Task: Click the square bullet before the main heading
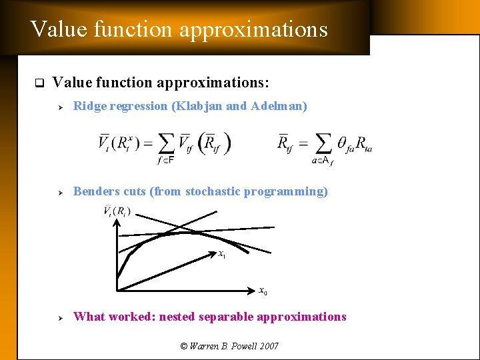click(x=38, y=83)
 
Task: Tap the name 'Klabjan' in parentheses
click(x=199, y=106)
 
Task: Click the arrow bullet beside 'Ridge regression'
click(x=60, y=107)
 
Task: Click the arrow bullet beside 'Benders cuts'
click(x=60, y=192)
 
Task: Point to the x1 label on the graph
click(x=222, y=253)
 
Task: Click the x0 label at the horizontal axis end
click(x=263, y=291)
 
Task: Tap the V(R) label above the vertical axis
click(x=117, y=212)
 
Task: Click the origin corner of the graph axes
click(x=117, y=289)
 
